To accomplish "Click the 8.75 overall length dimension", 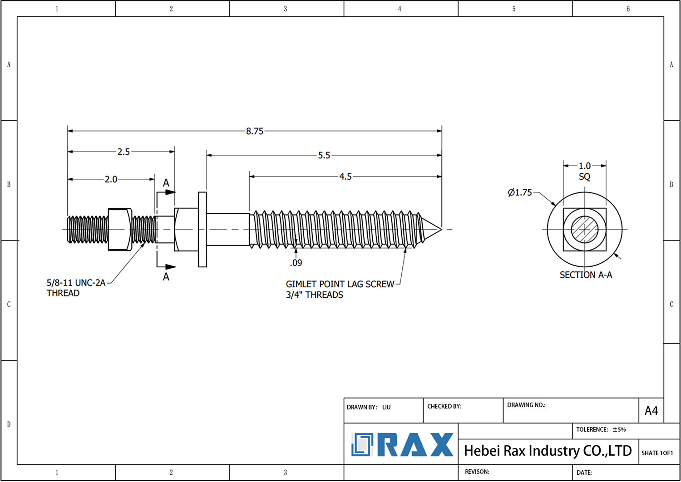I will pos(255,131).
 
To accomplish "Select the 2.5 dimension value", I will pos(123,152).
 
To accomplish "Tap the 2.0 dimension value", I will pos(111,179).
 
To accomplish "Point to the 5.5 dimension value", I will pos(324,155).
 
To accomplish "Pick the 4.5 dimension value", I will pos(345,177).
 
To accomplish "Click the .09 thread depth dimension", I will pos(296,263).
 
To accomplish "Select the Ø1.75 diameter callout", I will pos(520,192).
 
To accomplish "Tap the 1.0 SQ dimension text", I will pos(585,171).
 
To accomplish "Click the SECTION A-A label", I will pos(586,275).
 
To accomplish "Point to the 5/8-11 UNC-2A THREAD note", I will pos(76,288).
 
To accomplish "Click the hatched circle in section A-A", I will pos(585,229).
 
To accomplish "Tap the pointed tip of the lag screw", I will pos(439,228).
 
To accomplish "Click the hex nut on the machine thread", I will pos(120,229).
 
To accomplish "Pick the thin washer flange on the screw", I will pos(202,229).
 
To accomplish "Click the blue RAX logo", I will pos(402,445).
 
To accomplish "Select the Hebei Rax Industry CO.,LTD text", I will pos(548,451).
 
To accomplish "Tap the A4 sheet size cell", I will pos(651,411).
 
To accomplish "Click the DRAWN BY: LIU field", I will pos(369,407).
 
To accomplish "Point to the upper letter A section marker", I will pos(166,183).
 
